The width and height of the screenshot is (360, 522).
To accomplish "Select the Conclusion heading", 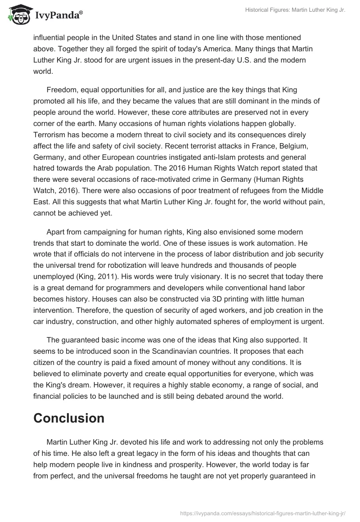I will (69, 418).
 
